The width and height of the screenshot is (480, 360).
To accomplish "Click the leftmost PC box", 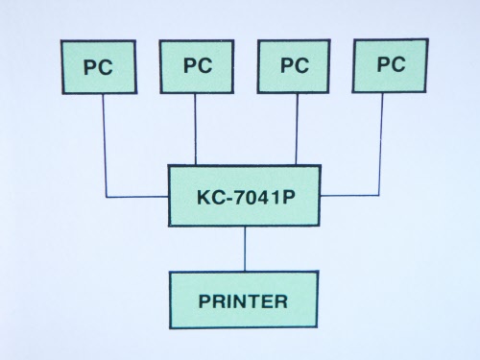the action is pos(99,67).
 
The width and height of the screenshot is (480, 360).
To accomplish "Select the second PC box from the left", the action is pos(197,66).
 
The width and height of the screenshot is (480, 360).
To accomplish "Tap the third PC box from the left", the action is pos(294,66).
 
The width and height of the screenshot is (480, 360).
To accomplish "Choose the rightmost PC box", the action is pos(390,65).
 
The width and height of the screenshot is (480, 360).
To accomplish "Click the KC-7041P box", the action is pos(244,196).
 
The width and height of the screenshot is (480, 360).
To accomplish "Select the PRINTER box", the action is pos(244,300).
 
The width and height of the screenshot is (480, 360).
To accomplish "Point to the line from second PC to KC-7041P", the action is pos(195,130).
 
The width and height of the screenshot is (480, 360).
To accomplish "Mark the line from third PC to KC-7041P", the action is pos(297,129).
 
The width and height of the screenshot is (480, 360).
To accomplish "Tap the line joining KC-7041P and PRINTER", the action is pos(245,249).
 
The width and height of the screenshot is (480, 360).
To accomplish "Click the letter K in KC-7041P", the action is pos(204,197).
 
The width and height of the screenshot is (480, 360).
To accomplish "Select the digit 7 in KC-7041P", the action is pos(240,197).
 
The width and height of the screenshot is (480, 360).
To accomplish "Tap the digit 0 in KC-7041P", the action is pos(252,197).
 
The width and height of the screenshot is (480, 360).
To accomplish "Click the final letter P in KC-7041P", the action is pos(288,197).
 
